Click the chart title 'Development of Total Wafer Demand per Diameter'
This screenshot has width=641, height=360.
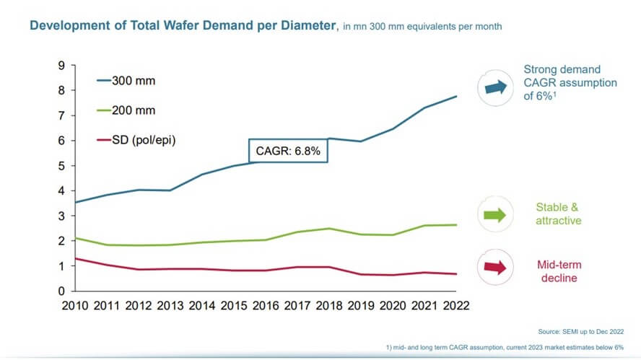point(183,26)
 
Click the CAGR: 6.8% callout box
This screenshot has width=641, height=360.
point(288,152)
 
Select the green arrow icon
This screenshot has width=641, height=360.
point(496,214)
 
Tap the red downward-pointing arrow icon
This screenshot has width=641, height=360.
point(496,268)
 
